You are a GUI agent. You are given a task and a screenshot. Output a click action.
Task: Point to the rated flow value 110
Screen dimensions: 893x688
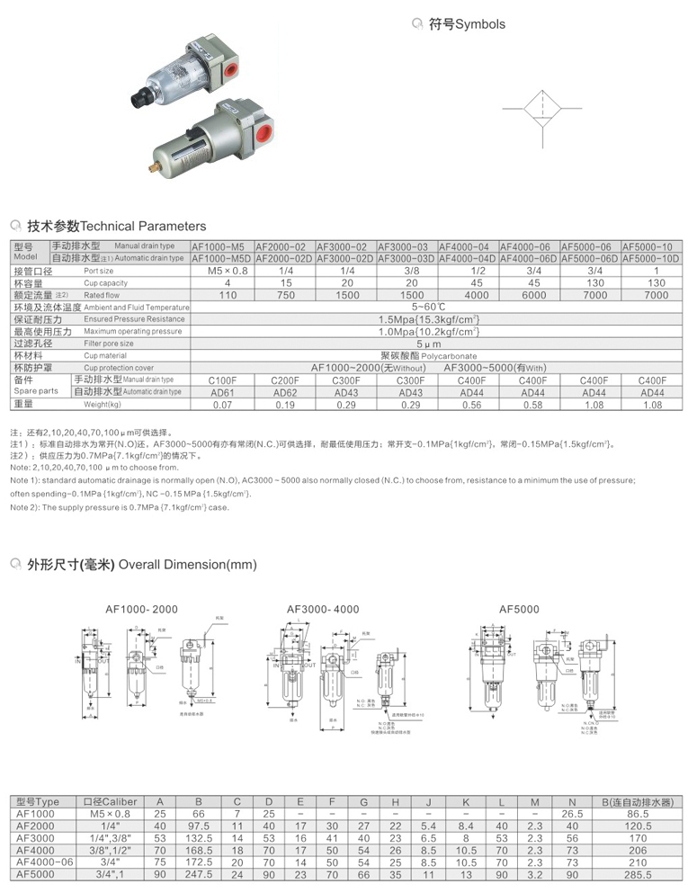pos(228,295)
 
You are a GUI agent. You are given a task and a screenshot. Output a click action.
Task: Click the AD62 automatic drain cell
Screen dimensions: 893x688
pos(284,392)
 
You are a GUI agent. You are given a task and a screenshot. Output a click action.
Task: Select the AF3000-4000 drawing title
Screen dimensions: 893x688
pos(323,610)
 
